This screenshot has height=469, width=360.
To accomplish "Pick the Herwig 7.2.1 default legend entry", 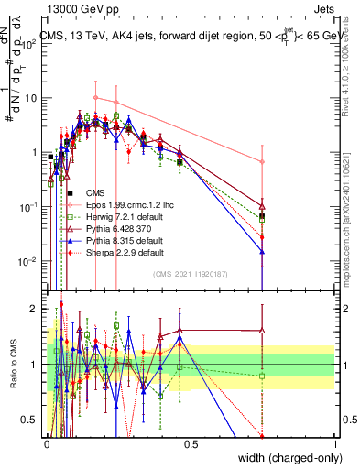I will pos(124,216).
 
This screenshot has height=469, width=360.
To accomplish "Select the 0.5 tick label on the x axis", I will pos(191,443).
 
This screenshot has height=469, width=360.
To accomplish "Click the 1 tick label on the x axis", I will pos(334,443).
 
